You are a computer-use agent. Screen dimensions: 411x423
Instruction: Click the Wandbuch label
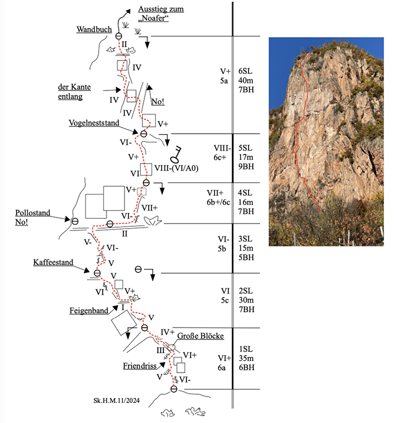[94, 29]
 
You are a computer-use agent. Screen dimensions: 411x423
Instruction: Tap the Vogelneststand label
[94, 123]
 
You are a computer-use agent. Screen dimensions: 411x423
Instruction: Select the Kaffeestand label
[53, 262]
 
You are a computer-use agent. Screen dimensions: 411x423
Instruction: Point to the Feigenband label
[89, 311]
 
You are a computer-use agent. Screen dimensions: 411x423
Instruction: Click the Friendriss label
[140, 366]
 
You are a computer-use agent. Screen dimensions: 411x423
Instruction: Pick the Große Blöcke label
[200, 336]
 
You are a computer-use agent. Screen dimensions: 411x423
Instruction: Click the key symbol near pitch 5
[176, 155]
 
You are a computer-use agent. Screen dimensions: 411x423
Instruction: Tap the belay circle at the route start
[174, 389]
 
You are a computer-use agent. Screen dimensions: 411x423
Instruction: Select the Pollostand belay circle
[75, 221]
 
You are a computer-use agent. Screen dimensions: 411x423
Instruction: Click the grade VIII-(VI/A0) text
[176, 168]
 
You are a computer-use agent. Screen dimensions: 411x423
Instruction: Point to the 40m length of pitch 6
[246, 80]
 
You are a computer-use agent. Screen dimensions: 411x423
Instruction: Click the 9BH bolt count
[246, 166]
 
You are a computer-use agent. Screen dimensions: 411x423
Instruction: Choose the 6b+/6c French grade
[218, 202]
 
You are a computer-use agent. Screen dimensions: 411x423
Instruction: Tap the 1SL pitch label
[246, 349]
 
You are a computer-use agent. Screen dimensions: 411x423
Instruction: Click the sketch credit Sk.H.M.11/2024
[116, 401]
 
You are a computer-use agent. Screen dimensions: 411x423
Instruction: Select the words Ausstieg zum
[161, 9]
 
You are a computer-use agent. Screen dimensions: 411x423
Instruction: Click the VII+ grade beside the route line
[150, 208]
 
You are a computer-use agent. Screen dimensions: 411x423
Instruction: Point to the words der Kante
[74, 87]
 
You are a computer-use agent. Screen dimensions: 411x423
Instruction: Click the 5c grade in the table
[225, 300]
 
